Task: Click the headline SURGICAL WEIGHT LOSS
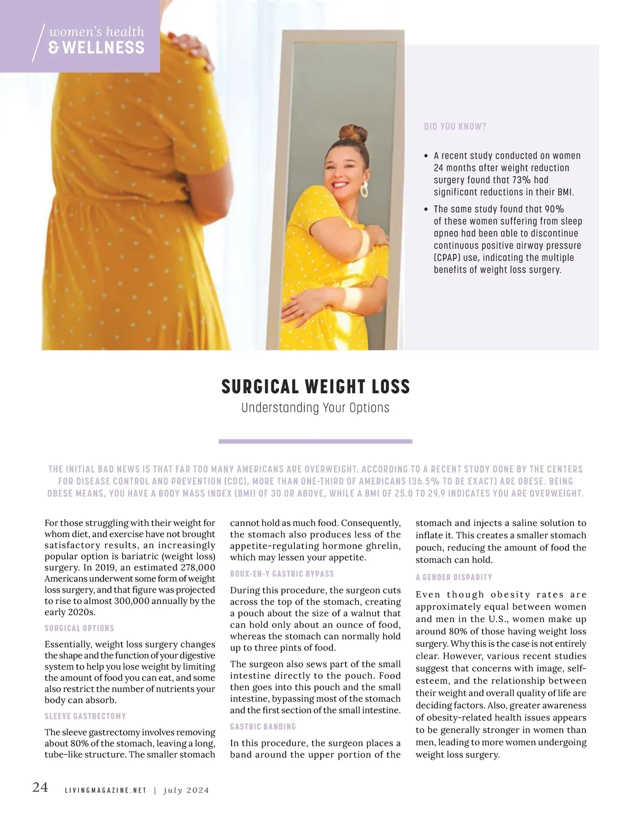(x=315, y=387)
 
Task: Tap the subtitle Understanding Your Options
(x=315, y=408)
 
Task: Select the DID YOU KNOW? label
(x=455, y=127)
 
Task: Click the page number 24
(x=40, y=787)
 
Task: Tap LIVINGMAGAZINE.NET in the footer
(x=105, y=790)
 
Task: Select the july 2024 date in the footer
(x=187, y=790)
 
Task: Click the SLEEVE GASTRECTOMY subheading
(x=85, y=716)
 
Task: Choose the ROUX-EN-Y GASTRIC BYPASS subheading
(x=282, y=574)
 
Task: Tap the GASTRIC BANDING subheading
(x=263, y=727)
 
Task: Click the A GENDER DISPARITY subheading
(x=454, y=577)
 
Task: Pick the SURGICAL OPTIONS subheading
(x=79, y=629)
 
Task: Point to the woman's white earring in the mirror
(x=364, y=189)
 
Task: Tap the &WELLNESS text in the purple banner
(x=96, y=48)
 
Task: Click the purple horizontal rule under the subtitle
(x=315, y=441)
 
